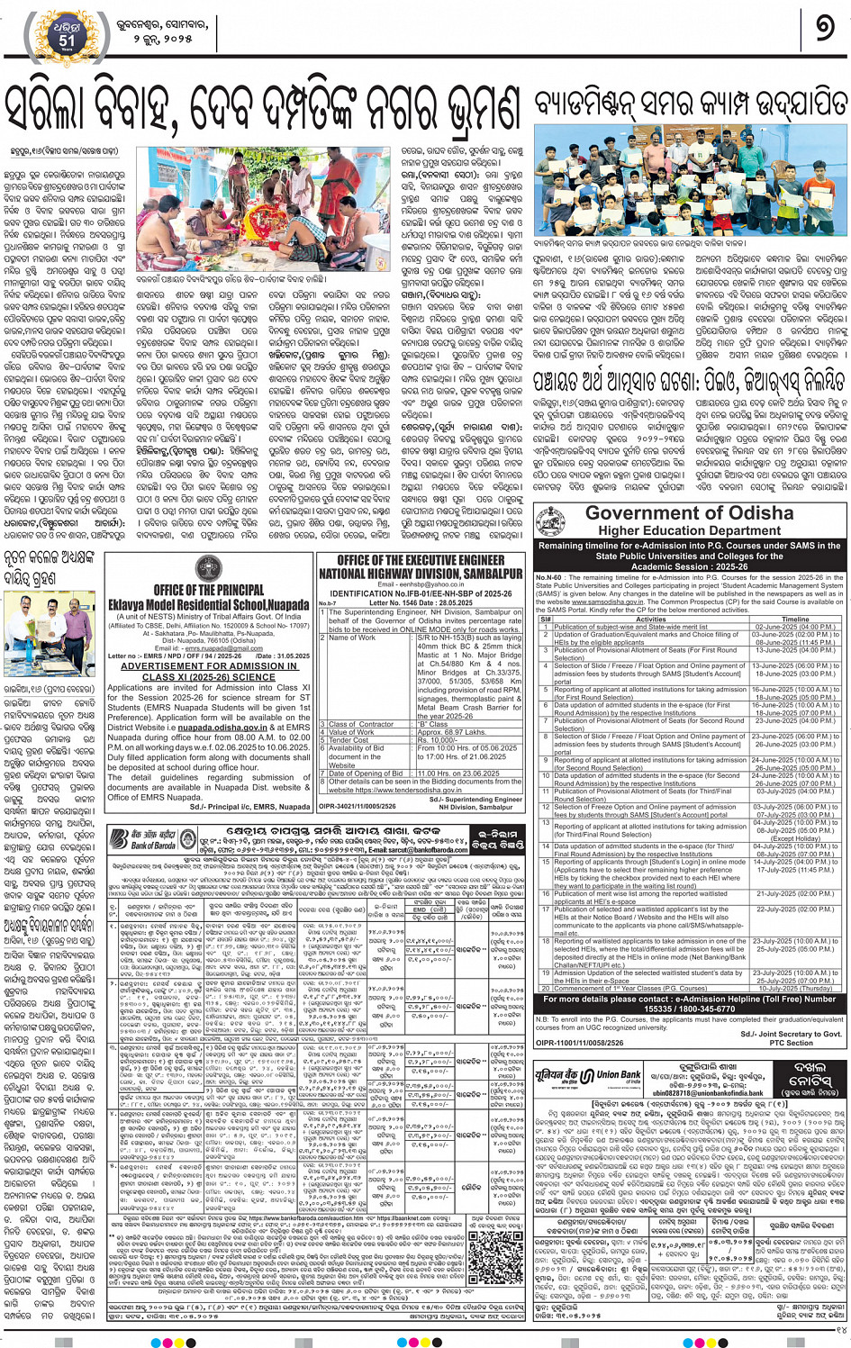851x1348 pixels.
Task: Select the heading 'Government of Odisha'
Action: point(689,513)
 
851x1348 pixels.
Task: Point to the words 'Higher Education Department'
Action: point(689,531)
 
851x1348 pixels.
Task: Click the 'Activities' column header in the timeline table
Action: point(650,620)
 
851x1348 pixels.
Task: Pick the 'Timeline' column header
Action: point(794,620)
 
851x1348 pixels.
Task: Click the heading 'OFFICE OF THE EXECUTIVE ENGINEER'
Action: point(421,560)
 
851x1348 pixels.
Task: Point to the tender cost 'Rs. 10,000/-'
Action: point(436,740)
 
